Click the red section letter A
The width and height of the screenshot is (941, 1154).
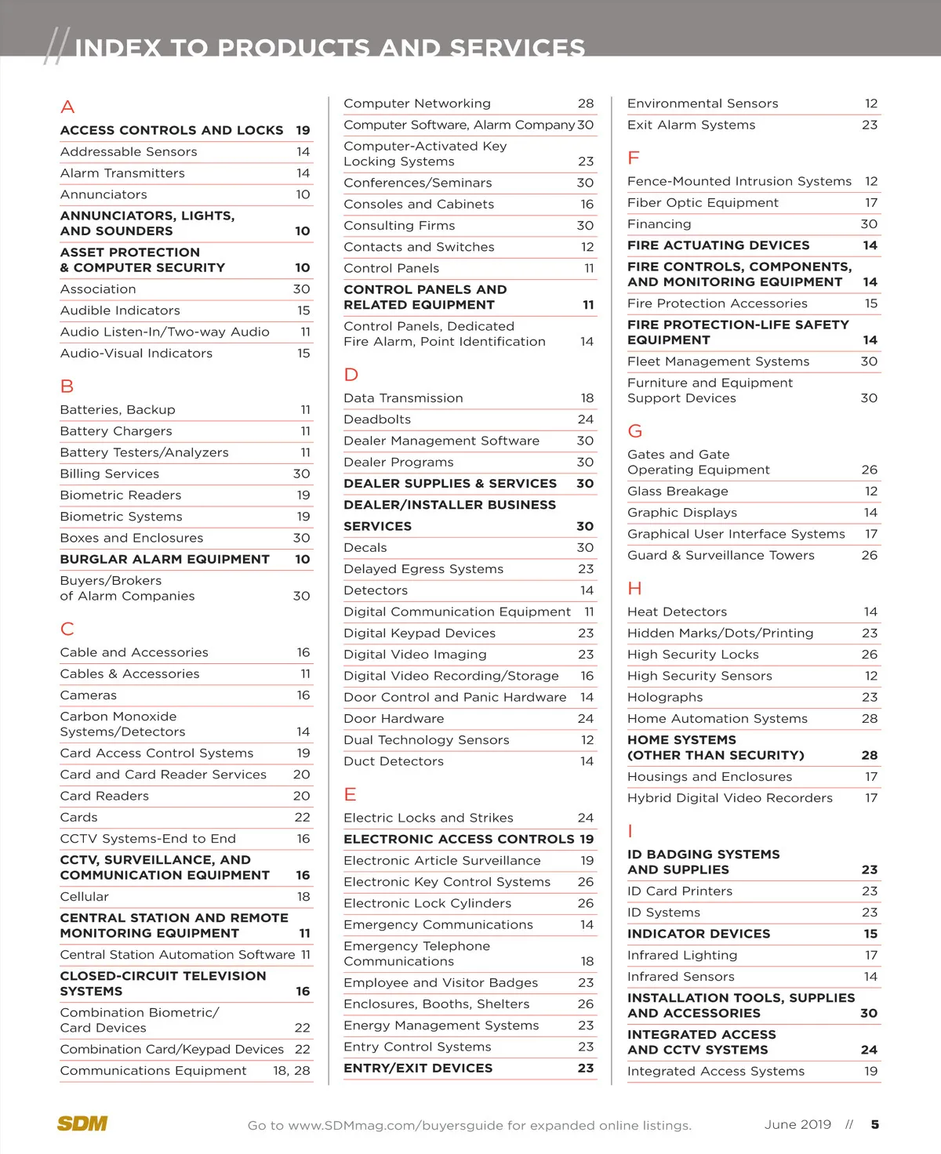click(67, 107)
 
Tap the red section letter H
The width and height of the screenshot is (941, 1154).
click(634, 589)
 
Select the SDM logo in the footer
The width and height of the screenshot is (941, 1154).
click(82, 1123)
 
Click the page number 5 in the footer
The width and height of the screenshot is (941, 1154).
click(874, 1124)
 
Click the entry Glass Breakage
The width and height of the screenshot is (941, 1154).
click(678, 492)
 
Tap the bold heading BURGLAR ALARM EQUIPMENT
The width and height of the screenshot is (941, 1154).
click(165, 559)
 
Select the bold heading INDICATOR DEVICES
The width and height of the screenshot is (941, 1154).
click(699, 934)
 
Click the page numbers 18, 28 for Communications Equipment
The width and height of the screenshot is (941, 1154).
click(292, 1071)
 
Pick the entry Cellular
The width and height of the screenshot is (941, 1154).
click(85, 897)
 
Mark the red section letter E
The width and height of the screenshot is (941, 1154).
click(350, 795)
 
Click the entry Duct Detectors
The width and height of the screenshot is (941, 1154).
click(394, 761)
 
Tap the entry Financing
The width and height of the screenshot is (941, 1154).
click(659, 224)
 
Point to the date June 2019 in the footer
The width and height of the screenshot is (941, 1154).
click(797, 1124)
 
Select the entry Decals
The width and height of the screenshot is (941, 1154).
click(365, 548)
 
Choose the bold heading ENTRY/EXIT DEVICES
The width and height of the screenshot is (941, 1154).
click(418, 1068)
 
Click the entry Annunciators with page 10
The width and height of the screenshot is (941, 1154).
click(104, 194)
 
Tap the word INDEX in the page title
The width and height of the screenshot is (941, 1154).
click(118, 48)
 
